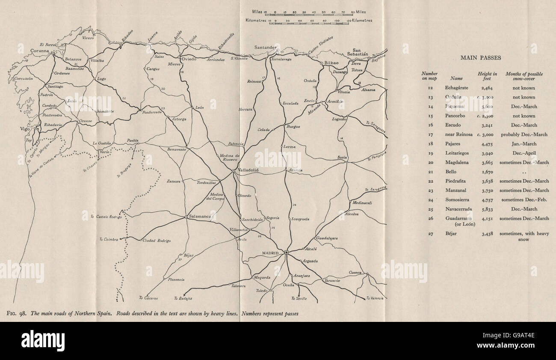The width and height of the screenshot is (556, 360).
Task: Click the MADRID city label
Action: click(270, 253)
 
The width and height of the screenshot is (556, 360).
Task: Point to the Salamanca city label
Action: click(200, 217)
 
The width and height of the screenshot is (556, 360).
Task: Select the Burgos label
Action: click(293, 127)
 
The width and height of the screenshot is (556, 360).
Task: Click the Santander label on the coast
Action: click(265, 47)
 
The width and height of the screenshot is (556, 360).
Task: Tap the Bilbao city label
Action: click(332, 63)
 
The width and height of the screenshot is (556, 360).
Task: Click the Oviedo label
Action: click(188, 59)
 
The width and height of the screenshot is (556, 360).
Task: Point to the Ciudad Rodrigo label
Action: click(157, 241)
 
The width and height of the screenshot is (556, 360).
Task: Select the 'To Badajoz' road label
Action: click(183, 298)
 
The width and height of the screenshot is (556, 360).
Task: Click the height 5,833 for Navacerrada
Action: click(488, 209)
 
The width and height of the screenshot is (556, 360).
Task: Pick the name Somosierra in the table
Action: click(456, 199)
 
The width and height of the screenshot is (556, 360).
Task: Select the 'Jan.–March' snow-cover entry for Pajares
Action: click(524, 144)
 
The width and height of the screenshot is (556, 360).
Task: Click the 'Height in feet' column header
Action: click(487, 76)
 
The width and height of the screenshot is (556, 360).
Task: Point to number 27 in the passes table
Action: click(431, 234)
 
